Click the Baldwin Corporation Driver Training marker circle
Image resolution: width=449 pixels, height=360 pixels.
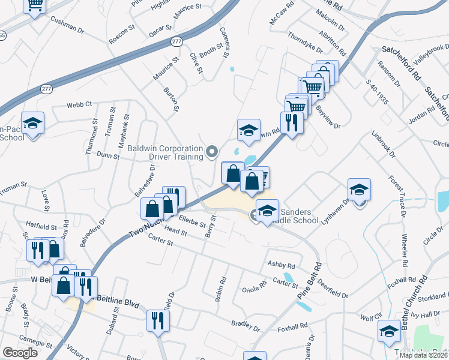point(211,152)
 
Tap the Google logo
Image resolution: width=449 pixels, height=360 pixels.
point(20,353)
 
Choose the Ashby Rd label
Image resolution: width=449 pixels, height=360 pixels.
point(282,265)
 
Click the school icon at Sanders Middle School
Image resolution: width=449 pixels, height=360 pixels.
point(267,210)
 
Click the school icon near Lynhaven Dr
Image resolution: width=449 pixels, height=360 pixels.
point(359,190)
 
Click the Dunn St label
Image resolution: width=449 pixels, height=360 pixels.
point(108,155)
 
